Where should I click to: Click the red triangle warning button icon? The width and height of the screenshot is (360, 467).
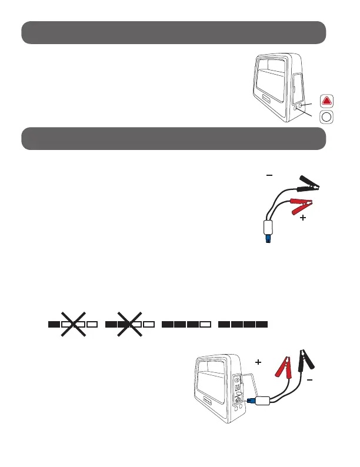pyautogui.click(x=327, y=101)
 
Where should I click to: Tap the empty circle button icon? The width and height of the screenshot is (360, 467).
pyautogui.click(x=327, y=118)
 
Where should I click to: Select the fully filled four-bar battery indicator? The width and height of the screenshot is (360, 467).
pyautogui.click(x=243, y=323)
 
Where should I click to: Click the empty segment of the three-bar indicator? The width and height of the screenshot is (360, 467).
pyautogui.click(x=205, y=323)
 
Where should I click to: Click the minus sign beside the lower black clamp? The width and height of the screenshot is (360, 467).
pyautogui.click(x=309, y=380)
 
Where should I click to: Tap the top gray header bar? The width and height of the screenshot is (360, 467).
pyautogui.click(x=174, y=32)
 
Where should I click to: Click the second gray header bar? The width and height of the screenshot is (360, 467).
pyautogui.click(x=174, y=139)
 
